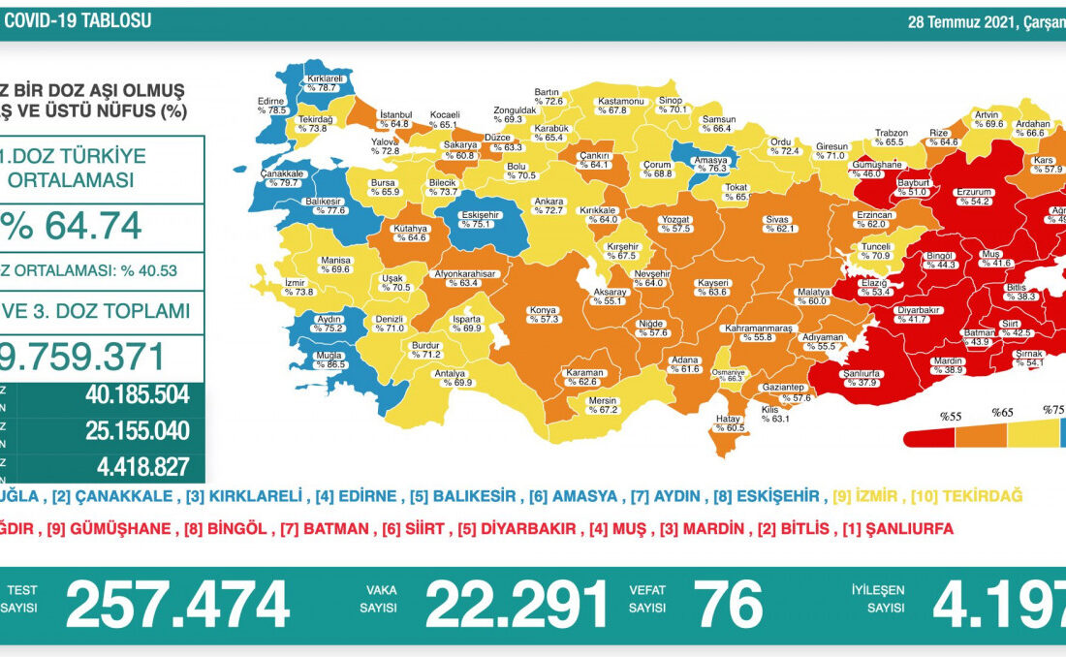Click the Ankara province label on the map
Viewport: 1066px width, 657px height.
549,205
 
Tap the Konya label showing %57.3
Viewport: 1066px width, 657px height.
543,314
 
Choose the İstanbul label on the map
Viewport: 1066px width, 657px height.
395,119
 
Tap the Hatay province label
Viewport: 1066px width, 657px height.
728,422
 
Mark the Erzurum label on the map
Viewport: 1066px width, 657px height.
972,197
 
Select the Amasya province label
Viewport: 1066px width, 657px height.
712,163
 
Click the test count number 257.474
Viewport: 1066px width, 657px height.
177,607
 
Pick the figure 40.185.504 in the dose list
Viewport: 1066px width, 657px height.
136,394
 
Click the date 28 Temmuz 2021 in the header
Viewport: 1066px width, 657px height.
958,22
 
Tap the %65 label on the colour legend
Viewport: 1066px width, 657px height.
1002,412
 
